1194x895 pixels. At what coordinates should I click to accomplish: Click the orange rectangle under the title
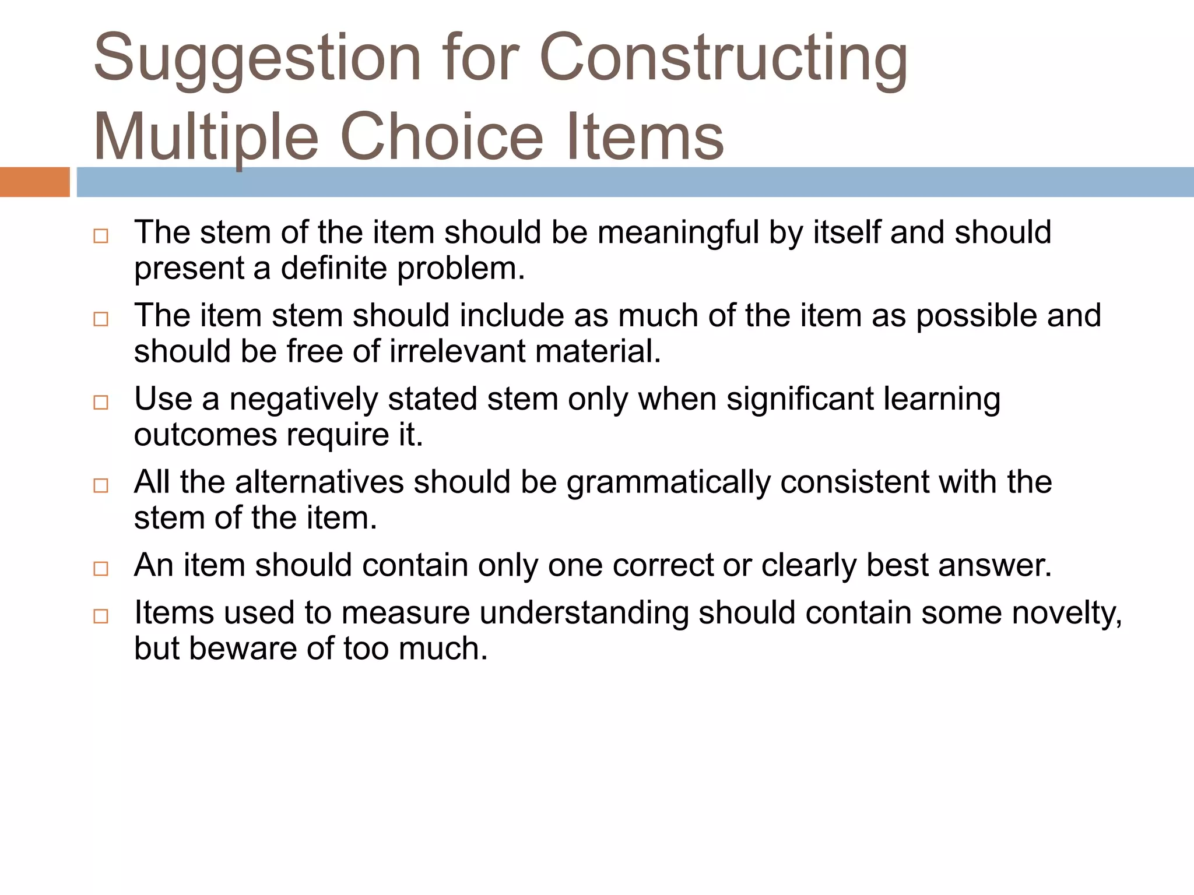pos(34,182)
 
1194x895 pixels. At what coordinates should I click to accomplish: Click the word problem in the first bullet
pos(461,269)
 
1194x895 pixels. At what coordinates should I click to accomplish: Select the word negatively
pos(303,400)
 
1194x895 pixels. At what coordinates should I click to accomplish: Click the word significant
pos(800,400)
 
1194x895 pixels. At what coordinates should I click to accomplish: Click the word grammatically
pos(668,483)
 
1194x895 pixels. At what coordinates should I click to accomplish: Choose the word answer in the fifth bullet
pos(995,566)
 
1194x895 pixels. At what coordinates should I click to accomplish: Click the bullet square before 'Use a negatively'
pos(101,403)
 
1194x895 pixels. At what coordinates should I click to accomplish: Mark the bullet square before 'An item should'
pos(101,569)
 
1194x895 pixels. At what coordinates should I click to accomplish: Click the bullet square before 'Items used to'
pos(101,616)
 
